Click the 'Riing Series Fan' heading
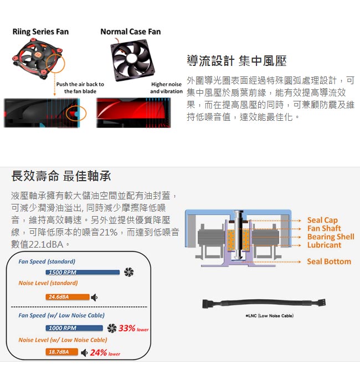(x=40, y=32)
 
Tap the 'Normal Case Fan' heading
(x=131, y=32)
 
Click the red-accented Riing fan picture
(x=38, y=59)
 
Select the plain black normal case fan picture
(x=133, y=60)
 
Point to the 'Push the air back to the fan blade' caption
(x=80, y=88)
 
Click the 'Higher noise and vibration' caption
(x=166, y=88)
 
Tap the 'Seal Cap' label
(x=322, y=221)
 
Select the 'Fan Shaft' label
(x=324, y=228)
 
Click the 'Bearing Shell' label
(x=331, y=237)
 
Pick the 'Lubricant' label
(x=324, y=245)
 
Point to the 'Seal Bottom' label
(x=329, y=262)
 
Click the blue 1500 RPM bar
(x=83, y=273)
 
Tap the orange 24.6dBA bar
(x=68, y=297)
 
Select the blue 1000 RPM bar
(x=74, y=328)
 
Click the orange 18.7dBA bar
(x=61, y=352)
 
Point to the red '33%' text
(x=127, y=328)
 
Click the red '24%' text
(x=99, y=352)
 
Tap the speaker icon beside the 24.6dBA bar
(x=94, y=298)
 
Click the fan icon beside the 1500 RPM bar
(x=128, y=272)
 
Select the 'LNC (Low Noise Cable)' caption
(x=270, y=316)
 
